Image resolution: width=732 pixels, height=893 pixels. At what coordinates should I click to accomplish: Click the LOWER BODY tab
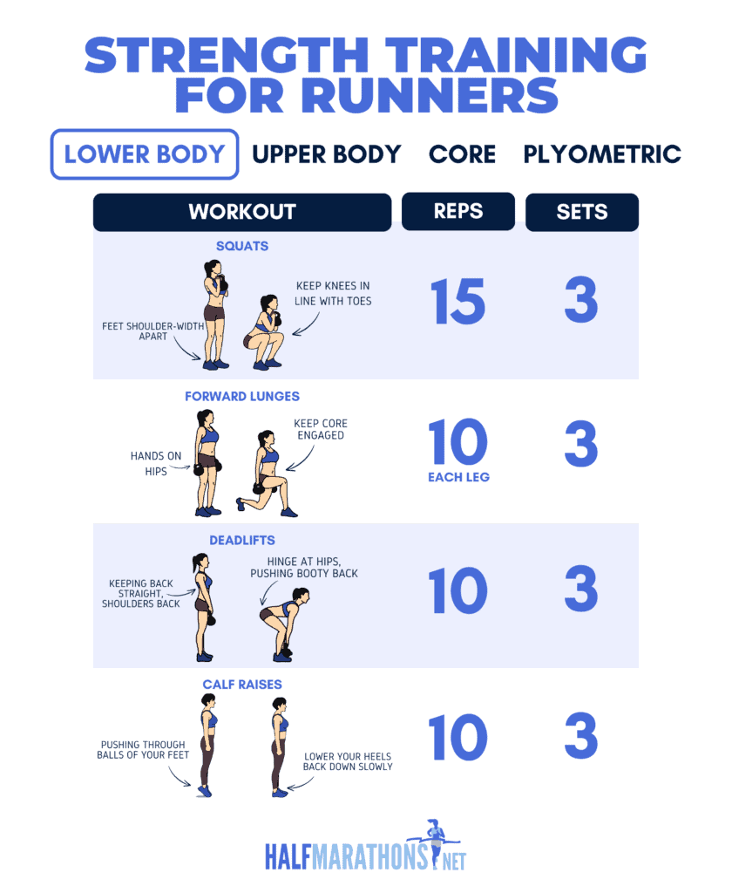[x=145, y=154]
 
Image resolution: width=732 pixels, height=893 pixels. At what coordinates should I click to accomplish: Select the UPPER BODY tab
[x=326, y=154]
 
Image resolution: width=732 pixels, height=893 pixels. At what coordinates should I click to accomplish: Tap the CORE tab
[x=462, y=154]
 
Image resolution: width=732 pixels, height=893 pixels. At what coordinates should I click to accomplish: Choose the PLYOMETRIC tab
[x=601, y=154]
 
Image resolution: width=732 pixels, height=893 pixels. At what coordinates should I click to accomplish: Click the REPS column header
[x=458, y=211]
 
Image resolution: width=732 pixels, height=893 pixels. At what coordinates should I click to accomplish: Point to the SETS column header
[x=581, y=212]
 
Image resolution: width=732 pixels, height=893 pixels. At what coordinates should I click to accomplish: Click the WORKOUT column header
[x=241, y=212]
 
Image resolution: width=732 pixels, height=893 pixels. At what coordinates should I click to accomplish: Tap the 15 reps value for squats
[x=458, y=301]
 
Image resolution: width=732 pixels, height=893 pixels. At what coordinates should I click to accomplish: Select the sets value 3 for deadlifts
[x=581, y=590]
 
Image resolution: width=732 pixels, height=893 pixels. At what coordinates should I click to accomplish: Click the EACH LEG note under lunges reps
[x=458, y=477]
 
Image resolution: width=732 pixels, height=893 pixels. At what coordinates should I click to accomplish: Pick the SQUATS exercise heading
[x=241, y=246]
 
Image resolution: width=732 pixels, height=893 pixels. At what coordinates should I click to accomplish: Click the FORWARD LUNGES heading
[x=241, y=396]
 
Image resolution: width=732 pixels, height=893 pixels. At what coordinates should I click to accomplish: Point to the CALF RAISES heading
[x=241, y=685]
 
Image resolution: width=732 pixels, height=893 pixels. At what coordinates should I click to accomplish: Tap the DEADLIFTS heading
[x=241, y=541]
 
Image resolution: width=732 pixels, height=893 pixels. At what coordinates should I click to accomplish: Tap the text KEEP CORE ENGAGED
[x=320, y=429]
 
